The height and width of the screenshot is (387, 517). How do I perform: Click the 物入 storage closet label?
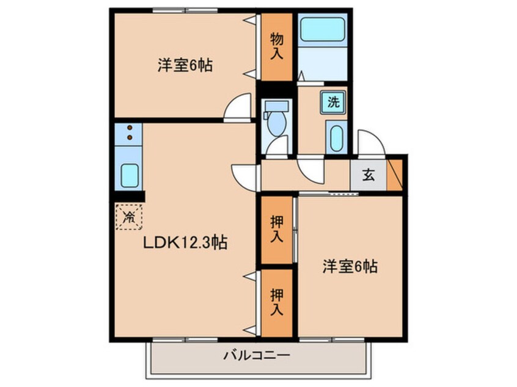click(x=277, y=47)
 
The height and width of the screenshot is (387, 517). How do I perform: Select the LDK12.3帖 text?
click(x=185, y=243)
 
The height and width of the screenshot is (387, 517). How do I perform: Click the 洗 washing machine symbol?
click(x=333, y=102)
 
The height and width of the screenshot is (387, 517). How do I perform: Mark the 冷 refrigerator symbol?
click(x=129, y=216)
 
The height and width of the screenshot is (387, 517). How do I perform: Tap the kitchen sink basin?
click(x=130, y=176)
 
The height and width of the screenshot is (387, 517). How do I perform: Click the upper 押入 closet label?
click(x=277, y=229)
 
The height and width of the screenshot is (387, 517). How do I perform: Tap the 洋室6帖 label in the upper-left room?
click(x=185, y=65)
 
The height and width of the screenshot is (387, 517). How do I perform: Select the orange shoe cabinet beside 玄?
click(x=395, y=175)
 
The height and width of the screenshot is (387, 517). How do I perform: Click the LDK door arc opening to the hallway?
click(x=244, y=176)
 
